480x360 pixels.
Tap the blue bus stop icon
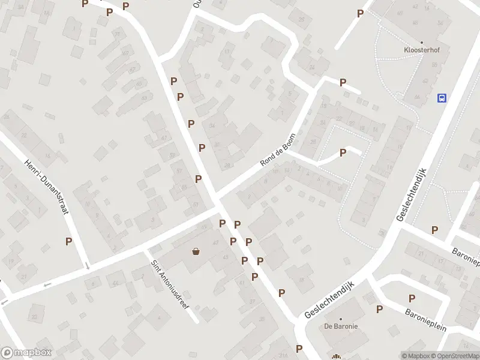[442, 98]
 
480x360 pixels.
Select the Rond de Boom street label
[278, 150]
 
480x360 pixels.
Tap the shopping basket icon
[196, 251]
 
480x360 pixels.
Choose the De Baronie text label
[341, 326]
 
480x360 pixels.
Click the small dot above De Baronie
[341, 319]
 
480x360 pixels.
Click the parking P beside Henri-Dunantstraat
[69, 241]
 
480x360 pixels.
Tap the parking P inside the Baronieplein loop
[412, 298]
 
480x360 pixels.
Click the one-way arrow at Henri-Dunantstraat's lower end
[88, 265]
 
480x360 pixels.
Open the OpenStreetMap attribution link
[455, 356]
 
